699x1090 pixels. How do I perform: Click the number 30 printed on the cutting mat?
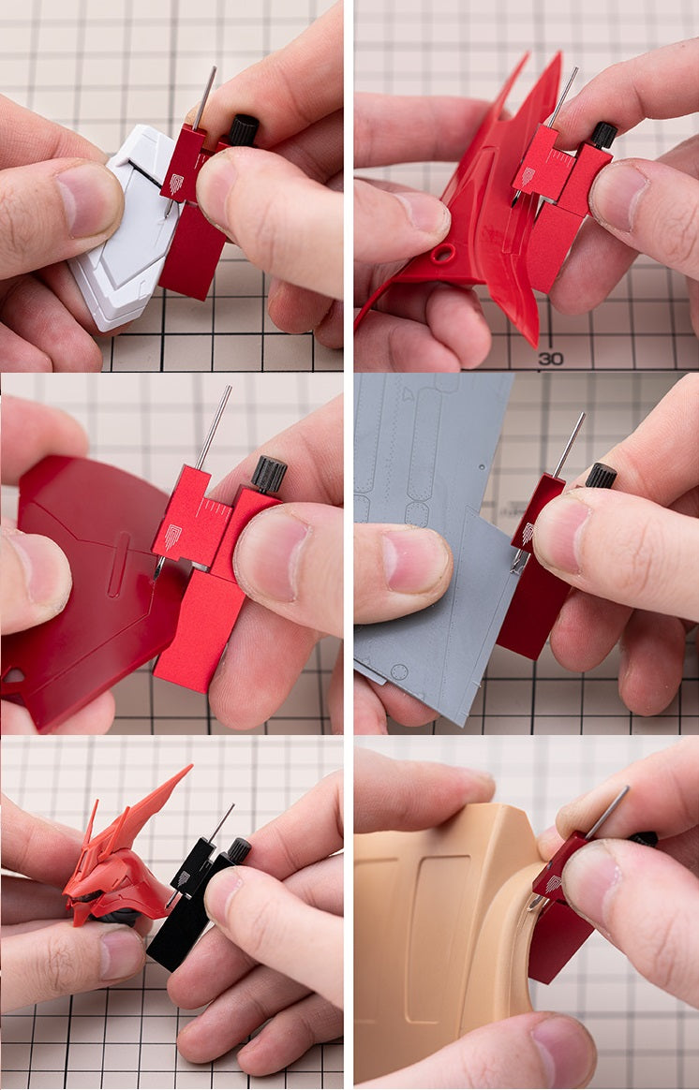(x=551, y=359)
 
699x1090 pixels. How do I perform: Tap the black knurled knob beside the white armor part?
(x=244, y=130)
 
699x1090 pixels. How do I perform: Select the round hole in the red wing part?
(x=443, y=253)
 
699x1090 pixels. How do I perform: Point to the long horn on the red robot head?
(x=153, y=800)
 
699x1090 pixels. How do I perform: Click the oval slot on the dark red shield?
(x=119, y=565)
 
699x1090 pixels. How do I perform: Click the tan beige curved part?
(x=445, y=946)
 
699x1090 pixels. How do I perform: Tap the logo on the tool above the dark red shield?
(x=171, y=536)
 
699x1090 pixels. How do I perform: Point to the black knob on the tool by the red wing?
(x=603, y=135)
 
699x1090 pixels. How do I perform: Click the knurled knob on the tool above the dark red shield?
(x=269, y=474)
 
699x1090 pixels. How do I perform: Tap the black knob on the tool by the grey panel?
(x=601, y=476)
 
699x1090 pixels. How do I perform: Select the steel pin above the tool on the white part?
(x=204, y=97)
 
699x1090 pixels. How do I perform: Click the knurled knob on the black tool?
(x=239, y=849)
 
